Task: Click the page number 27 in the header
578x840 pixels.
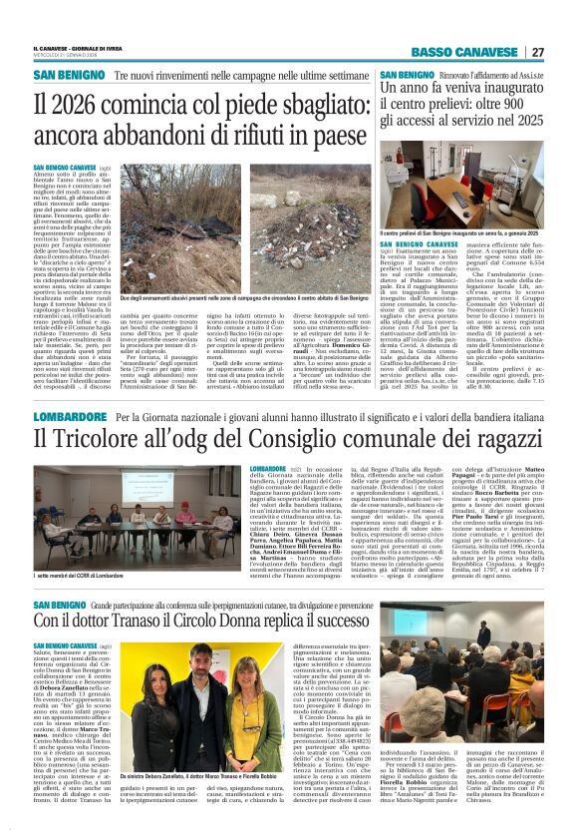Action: tap(537, 52)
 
